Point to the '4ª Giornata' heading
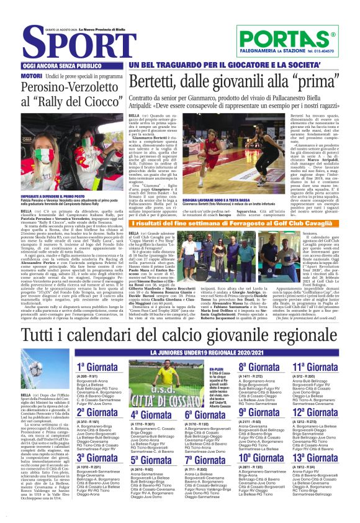(149, 414)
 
